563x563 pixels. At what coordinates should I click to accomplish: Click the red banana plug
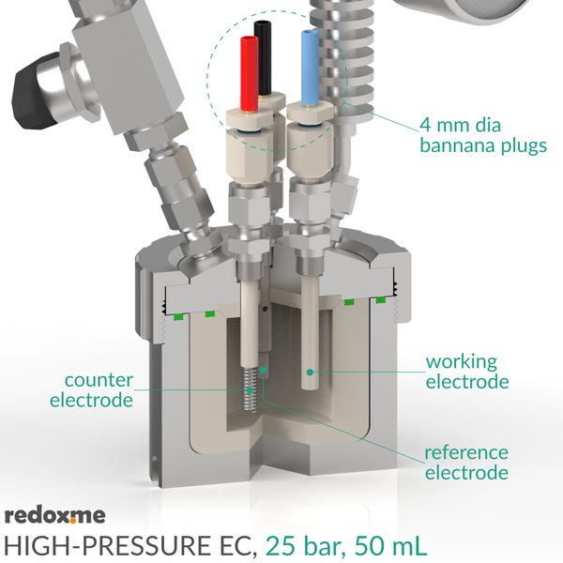pyautogui.click(x=250, y=73)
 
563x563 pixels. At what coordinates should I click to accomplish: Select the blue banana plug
pyautogui.click(x=310, y=68)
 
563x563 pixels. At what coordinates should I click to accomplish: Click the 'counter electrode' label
pyautogui.click(x=92, y=390)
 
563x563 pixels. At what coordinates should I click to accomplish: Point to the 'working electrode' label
pyautogui.click(x=467, y=372)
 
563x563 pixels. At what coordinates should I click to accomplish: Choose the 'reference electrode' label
pyautogui.click(x=466, y=463)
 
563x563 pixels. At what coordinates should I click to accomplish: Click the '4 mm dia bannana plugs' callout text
pyautogui.click(x=483, y=135)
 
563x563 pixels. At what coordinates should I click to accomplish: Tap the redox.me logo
pyautogui.click(x=55, y=515)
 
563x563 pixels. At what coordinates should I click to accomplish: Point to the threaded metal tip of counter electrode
pyautogui.click(x=250, y=390)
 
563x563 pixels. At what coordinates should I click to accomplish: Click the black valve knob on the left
pyautogui.click(x=34, y=92)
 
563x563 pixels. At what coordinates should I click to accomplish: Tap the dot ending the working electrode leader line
pyautogui.click(x=310, y=372)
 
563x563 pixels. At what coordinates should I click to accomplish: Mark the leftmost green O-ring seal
pyautogui.click(x=176, y=317)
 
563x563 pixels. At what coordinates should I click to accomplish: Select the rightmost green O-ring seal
pyautogui.click(x=381, y=299)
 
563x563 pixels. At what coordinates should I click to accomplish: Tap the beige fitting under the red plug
pyautogui.click(x=247, y=158)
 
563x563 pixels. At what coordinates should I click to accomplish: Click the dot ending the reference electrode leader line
pyautogui.click(x=264, y=370)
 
